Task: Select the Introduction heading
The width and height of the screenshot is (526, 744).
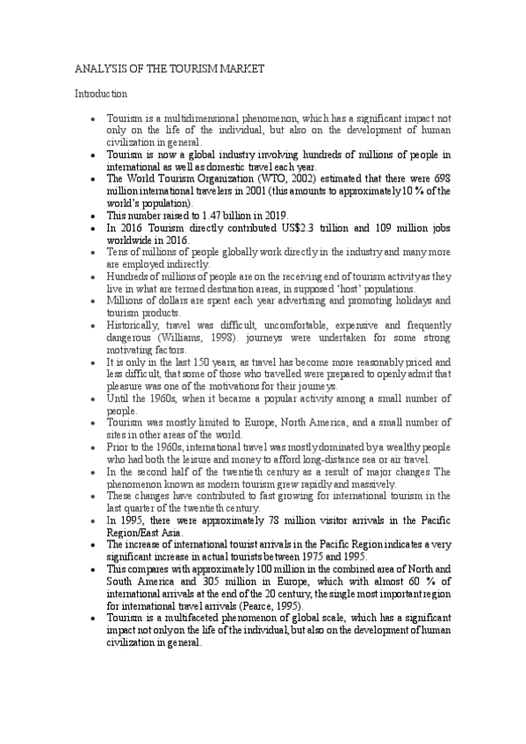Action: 101,92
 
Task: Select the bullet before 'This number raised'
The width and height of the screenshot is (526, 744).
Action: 93,216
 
